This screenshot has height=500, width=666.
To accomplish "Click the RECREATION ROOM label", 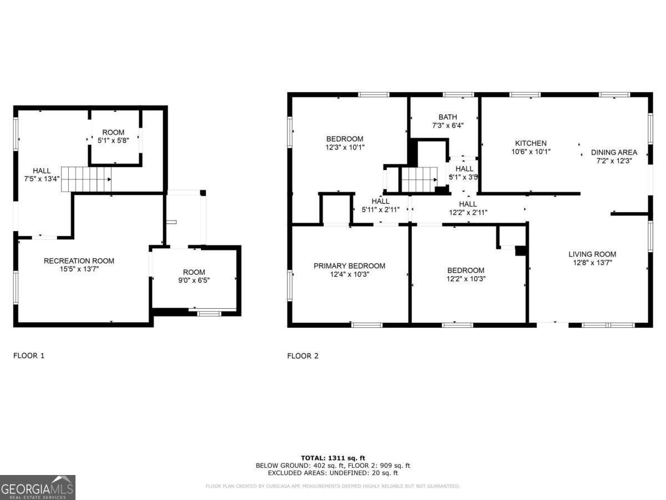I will pyautogui.click(x=79, y=261).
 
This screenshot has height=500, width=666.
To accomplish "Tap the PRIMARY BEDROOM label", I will pyautogui.click(x=349, y=266).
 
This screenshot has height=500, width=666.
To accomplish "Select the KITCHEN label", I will pyautogui.click(x=531, y=143).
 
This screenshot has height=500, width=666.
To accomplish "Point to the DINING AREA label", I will pyautogui.click(x=614, y=152).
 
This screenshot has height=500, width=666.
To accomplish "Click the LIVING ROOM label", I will pyautogui.click(x=592, y=254).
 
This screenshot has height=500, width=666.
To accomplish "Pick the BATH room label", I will pyautogui.click(x=447, y=117).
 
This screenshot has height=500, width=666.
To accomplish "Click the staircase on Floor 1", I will pyautogui.click(x=86, y=179).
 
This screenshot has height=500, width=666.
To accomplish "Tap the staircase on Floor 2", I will pyautogui.click(x=419, y=179).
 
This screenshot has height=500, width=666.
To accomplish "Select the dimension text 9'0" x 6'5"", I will pyautogui.click(x=194, y=281).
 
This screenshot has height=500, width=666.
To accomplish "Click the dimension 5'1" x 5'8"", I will pyautogui.click(x=113, y=141).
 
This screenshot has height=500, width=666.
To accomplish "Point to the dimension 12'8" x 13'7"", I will pyautogui.click(x=592, y=263).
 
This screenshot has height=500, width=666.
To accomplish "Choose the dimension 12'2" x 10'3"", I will pyautogui.click(x=466, y=279).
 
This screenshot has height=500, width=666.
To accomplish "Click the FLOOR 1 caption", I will pyautogui.click(x=29, y=356).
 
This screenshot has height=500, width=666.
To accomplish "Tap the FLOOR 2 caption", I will pyautogui.click(x=302, y=356).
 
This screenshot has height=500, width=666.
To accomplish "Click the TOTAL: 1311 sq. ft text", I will pyautogui.click(x=332, y=458).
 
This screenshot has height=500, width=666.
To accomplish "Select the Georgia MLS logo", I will pyautogui.click(x=38, y=488).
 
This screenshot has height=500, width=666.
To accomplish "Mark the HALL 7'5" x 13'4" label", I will pyautogui.click(x=42, y=175).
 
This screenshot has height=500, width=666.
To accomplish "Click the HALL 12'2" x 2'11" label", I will pyautogui.click(x=468, y=208).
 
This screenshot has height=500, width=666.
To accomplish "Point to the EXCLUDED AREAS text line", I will pyautogui.click(x=332, y=473).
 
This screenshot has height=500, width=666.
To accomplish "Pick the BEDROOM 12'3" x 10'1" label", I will pyautogui.click(x=345, y=143).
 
